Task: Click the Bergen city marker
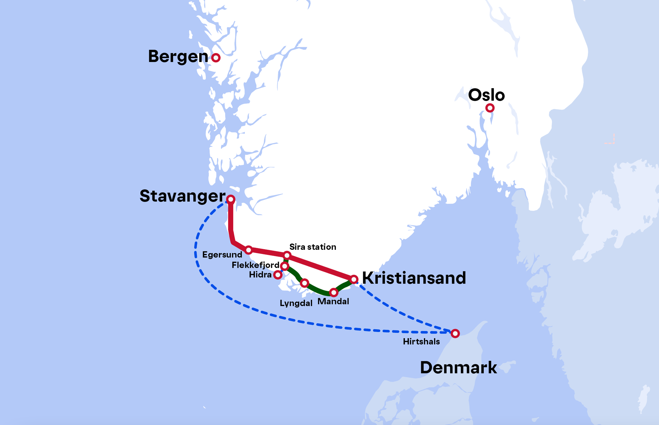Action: click(216, 58)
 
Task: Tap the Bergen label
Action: click(178, 57)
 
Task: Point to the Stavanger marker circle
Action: click(231, 199)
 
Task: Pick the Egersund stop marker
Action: click(248, 250)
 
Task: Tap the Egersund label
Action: click(222, 254)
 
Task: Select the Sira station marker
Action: click(287, 255)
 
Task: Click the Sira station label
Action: click(313, 247)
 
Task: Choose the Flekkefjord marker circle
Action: click(285, 266)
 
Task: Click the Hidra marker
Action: click(278, 275)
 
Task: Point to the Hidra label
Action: click(260, 275)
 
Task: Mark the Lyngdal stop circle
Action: click(304, 283)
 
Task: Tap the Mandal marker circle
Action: click(334, 292)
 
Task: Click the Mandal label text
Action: click(333, 301)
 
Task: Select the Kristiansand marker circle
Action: click(354, 279)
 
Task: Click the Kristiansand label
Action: click(414, 278)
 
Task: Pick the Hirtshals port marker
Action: click(455, 333)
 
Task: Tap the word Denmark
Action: click(458, 368)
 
